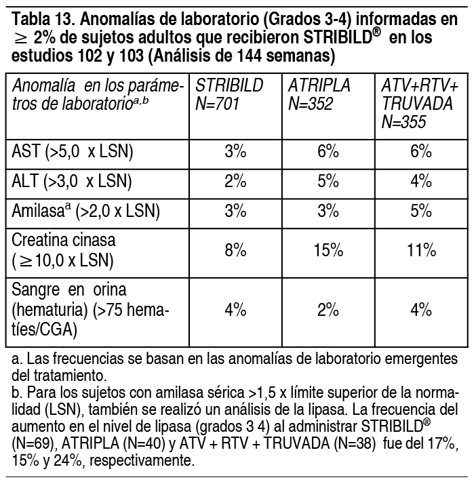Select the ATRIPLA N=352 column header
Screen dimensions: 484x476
tap(319, 95)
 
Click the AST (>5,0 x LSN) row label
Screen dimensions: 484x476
tap(73, 152)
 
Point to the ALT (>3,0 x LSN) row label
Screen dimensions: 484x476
tap(72, 182)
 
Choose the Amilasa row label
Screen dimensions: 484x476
tap(86, 211)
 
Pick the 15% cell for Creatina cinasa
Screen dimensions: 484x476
tap(328, 250)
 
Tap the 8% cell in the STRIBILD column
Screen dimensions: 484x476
tap(235, 250)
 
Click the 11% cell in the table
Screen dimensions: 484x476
tap(420, 250)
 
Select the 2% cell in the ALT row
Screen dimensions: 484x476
tap(235, 182)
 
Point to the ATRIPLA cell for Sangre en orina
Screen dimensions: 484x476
tap(328, 310)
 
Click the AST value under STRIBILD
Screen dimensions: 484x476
tap(235, 152)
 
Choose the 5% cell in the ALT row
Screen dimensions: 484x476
tap(328, 182)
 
